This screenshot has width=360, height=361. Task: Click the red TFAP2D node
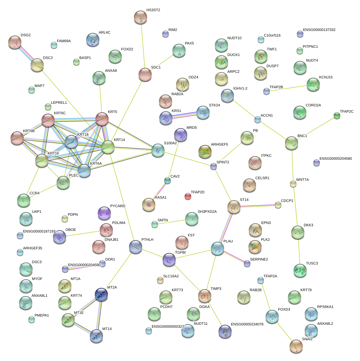tap(188, 197)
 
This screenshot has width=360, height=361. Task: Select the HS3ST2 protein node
tap(141, 17)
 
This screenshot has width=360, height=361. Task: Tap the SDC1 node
tap(145, 75)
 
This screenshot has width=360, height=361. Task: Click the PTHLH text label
tap(147, 240)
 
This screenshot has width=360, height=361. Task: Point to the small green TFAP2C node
tap(337, 116)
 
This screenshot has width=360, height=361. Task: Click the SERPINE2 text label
tap(259, 260)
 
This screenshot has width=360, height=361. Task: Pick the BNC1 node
tap(292, 143)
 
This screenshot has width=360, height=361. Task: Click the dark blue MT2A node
tap(101, 295)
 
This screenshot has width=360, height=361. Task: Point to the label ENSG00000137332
tap(319, 30)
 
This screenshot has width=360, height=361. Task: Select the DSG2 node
tap(14, 42)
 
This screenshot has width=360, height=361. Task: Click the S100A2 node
tap(158, 150)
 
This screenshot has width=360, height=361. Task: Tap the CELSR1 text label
tap(262, 178)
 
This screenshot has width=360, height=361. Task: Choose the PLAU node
tap(218, 249)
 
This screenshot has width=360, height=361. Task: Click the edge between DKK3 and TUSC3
tap(299, 251)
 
